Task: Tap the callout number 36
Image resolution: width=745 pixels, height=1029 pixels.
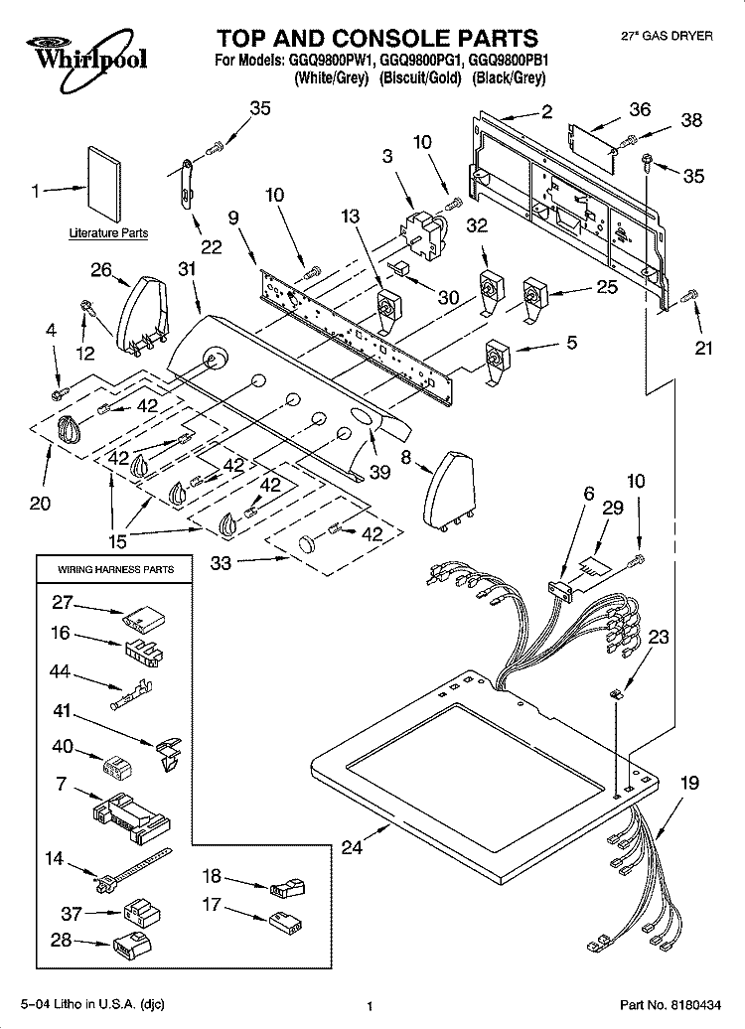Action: point(640,109)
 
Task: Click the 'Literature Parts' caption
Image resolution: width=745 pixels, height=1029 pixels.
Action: point(108,233)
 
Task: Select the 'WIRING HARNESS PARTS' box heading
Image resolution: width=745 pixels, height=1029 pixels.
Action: point(115,569)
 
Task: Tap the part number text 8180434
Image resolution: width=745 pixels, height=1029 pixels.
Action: point(692,1005)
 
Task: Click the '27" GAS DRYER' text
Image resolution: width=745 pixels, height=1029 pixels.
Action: point(667,36)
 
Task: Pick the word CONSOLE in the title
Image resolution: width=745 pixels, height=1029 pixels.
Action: point(380,39)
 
